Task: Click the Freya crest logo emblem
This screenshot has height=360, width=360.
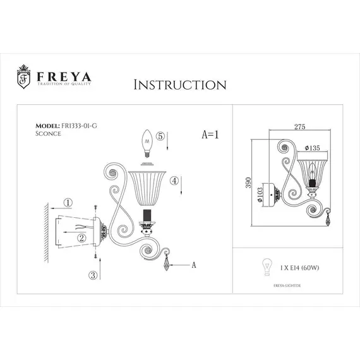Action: click(x=23, y=76)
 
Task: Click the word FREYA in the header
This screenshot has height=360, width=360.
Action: click(x=62, y=75)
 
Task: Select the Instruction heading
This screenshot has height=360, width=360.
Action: click(x=180, y=85)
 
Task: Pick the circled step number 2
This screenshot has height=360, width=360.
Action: click(x=81, y=237)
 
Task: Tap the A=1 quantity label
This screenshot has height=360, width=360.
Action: click(x=210, y=135)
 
